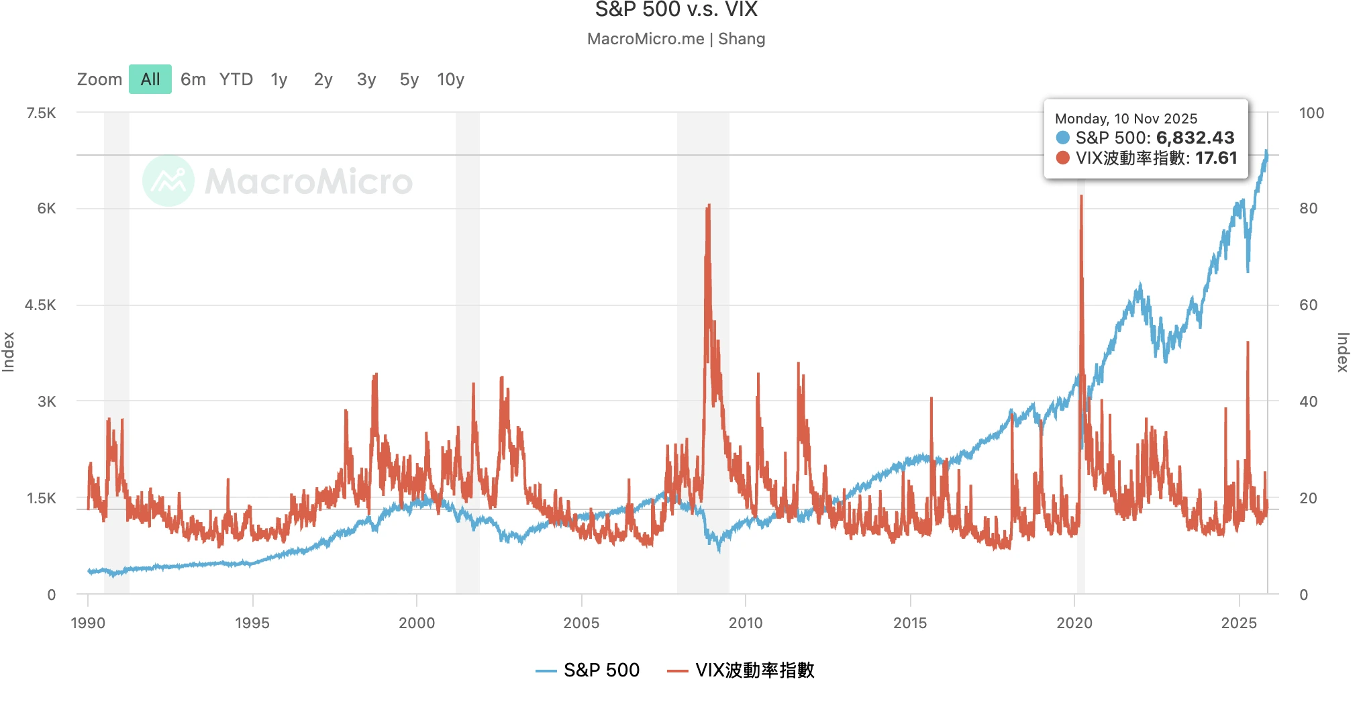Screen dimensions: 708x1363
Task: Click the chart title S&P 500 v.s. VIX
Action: (676, 10)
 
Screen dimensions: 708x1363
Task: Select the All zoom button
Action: (150, 80)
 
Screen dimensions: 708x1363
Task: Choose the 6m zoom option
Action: (193, 80)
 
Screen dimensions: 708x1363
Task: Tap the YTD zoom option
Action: (236, 80)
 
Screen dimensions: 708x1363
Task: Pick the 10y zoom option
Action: (450, 80)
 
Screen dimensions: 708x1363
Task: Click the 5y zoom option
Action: (409, 80)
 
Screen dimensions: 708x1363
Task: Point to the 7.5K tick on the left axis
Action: (42, 113)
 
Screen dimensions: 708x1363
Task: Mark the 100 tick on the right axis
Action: (1311, 113)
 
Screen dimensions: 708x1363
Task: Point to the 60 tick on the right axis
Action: (1308, 305)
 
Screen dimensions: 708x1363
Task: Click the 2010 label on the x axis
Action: (746, 623)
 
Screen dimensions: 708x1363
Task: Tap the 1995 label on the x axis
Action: (252, 623)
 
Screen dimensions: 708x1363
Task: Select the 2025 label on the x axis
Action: (1239, 623)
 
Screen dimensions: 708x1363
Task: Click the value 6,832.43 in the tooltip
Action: (1195, 138)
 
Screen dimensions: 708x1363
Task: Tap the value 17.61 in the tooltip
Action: (1216, 158)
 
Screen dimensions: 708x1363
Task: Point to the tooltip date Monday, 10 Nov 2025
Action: (1126, 119)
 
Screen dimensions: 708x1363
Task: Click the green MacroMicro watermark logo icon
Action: (168, 181)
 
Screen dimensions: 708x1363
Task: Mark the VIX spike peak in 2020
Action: (1081, 197)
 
